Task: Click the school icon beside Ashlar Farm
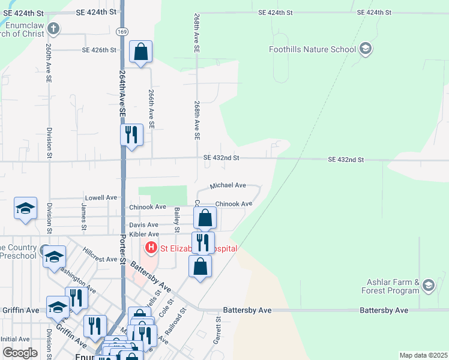(428, 285)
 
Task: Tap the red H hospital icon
(151, 247)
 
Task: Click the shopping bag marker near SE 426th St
(141, 52)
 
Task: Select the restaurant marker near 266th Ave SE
(132, 135)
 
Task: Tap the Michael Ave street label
(228, 185)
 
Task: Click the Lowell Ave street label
(101, 197)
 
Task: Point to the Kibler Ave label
(145, 234)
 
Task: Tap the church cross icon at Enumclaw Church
(53, 28)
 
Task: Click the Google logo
(19, 352)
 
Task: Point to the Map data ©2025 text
(423, 355)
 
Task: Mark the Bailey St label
(176, 220)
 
